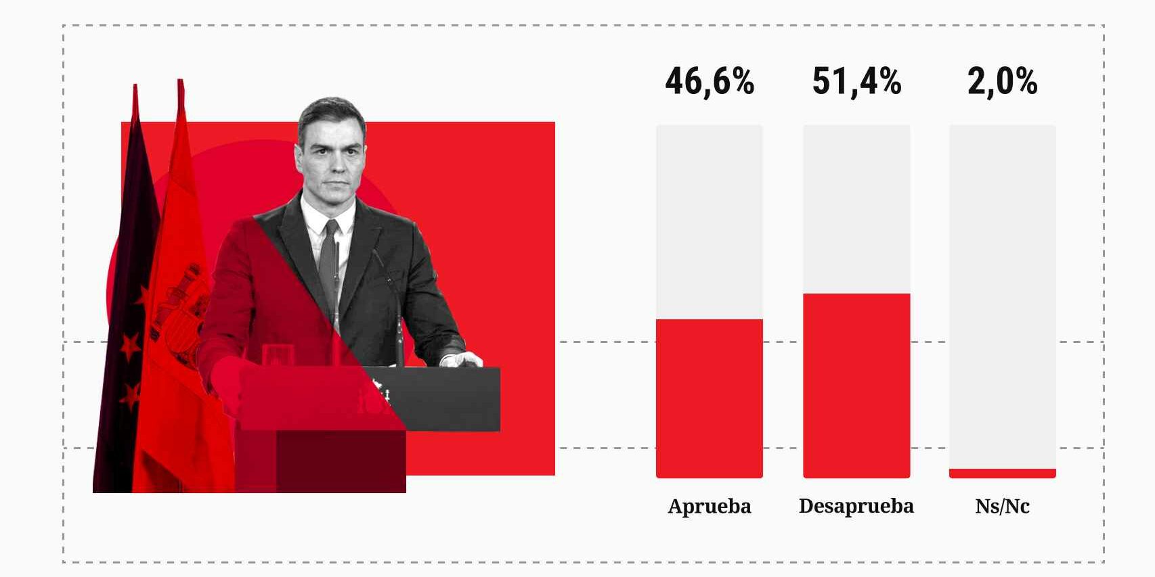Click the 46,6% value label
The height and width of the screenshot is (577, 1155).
(x=709, y=81)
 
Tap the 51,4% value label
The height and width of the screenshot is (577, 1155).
(x=856, y=81)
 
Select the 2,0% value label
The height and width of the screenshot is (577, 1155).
(x=1002, y=81)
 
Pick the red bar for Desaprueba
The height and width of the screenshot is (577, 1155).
(x=856, y=386)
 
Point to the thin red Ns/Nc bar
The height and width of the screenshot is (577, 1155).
(x=1002, y=474)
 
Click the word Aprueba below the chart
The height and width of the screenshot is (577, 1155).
(x=709, y=506)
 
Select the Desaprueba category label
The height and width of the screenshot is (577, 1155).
(x=856, y=506)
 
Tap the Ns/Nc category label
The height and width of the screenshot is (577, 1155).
(x=1002, y=506)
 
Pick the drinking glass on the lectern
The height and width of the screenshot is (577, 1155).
(x=278, y=355)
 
